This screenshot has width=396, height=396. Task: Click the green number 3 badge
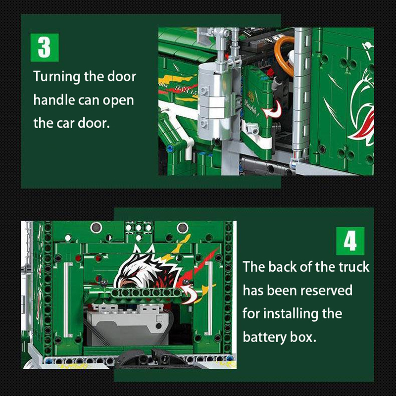[45, 48]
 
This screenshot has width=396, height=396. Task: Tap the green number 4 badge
[350, 241]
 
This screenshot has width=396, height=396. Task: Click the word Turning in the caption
[56, 77]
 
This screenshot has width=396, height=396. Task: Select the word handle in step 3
[54, 100]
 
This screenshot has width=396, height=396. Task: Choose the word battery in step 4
[264, 337]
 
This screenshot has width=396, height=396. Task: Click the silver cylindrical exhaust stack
[211, 101]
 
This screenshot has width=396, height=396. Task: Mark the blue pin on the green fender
[170, 148]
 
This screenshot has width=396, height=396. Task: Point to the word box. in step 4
[303, 337]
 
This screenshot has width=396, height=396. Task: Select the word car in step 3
[65, 124]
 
